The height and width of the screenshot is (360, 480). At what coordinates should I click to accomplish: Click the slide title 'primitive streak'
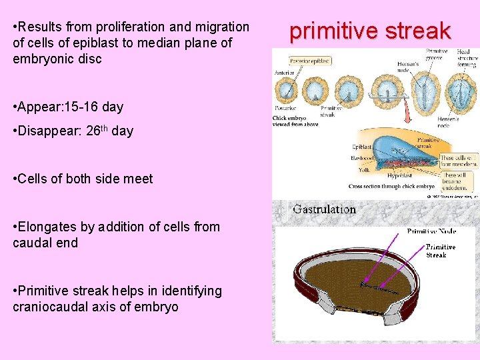point(370,31)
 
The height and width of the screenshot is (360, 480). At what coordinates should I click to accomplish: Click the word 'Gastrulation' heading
point(325,209)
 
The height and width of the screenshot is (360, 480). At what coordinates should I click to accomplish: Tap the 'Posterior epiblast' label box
point(305,61)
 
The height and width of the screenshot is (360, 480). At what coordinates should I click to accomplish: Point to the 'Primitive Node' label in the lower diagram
point(431,231)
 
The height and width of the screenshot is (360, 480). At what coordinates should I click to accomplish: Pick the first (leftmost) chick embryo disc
point(288,91)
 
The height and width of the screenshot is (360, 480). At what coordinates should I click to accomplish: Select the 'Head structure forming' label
point(466,58)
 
